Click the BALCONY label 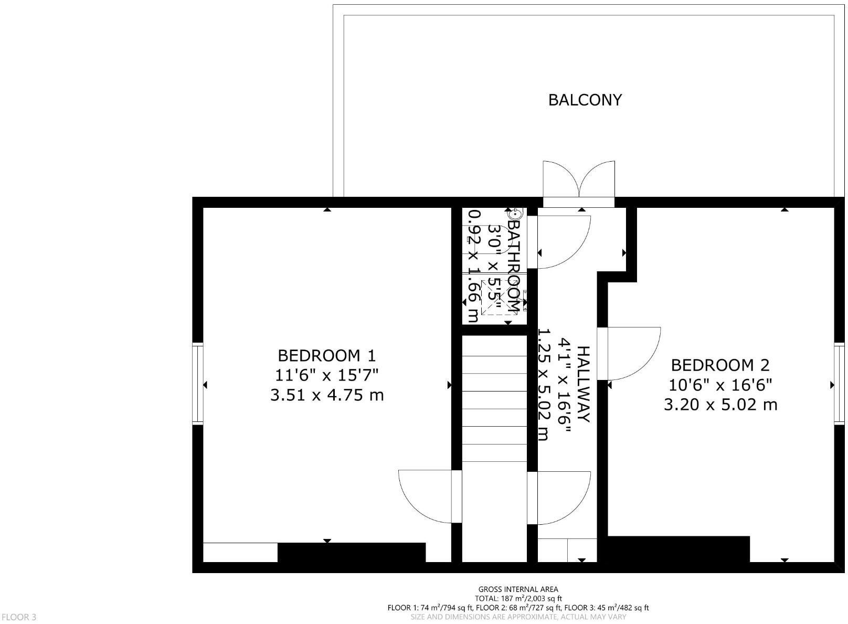click(x=585, y=100)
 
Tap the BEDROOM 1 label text click(x=326, y=356)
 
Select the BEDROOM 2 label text click(x=720, y=365)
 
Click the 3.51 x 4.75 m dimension click(x=326, y=395)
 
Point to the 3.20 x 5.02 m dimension click(x=720, y=405)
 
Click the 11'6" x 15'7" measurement click(x=326, y=375)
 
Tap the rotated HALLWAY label click(x=584, y=384)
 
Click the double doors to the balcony click(x=579, y=181)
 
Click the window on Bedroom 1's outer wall click(x=198, y=383)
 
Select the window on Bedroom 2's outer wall click(x=839, y=384)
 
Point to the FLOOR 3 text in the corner click(x=19, y=617)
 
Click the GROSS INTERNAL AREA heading click(x=518, y=589)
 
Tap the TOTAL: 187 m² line click(x=518, y=598)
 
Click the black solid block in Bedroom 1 click(x=351, y=552)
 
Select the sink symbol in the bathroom click(x=515, y=214)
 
